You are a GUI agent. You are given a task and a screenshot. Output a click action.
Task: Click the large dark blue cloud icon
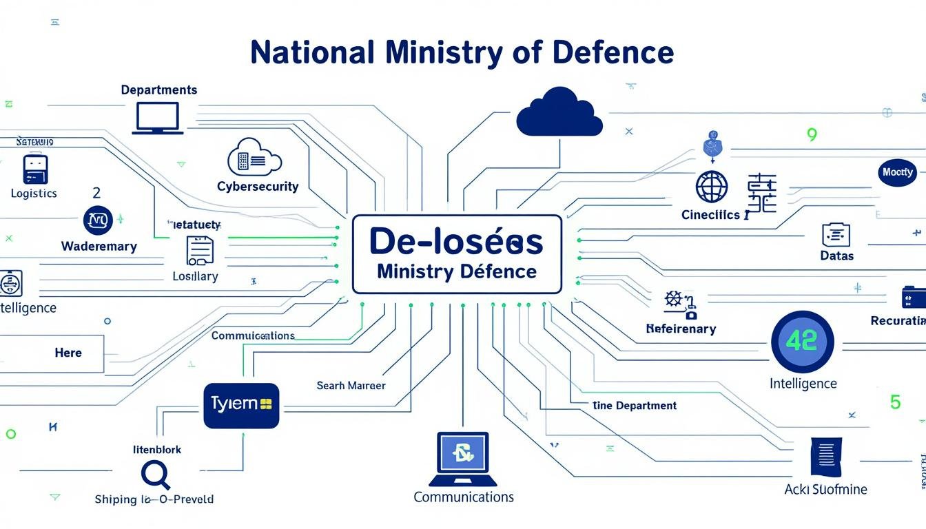[x=559, y=112]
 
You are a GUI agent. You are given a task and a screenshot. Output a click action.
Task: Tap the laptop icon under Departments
[x=158, y=118]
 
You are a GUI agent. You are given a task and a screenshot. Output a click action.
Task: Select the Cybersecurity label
[x=258, y=187]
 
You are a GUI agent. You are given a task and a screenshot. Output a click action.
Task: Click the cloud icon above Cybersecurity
[x=254, y=158]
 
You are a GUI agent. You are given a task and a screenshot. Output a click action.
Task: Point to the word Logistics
[x=34, y=194]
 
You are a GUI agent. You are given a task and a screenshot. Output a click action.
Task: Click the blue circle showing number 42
[x=802, y=342]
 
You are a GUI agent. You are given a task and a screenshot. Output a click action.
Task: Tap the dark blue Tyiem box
[x=241, y=405]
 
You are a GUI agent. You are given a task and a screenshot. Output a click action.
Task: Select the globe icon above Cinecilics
[x=711, y=187]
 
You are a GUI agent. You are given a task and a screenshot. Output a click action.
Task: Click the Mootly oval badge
[x=897, y=172]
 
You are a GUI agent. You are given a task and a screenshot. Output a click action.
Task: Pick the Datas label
[x=836, y=256]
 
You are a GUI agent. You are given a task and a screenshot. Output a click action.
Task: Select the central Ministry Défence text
[x=457, y=271]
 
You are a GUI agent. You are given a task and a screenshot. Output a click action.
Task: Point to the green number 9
[x=812, y=135]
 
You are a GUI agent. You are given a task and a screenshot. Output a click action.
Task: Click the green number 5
[x=895, y=402]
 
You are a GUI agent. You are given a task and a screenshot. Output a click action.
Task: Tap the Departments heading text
[x=159, y=90]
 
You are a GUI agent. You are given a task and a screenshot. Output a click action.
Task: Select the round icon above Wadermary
[x=98, y=220]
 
